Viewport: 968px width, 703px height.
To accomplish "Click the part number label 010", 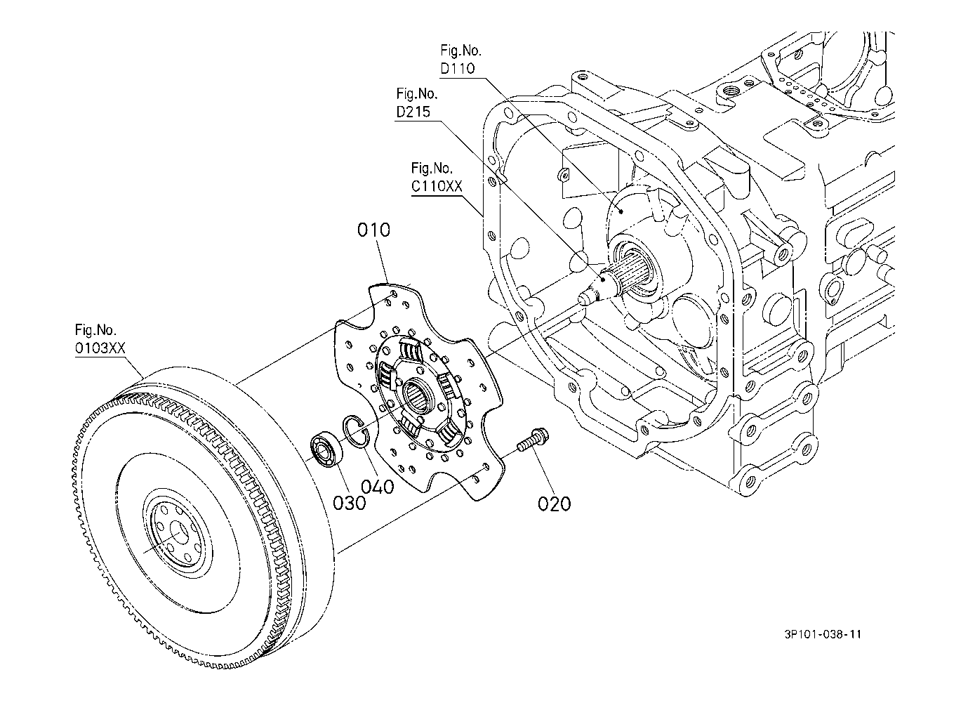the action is (x=373, y=230).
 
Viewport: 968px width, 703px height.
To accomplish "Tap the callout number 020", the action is (x=554, y=504).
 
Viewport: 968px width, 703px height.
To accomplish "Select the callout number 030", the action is (x=349, y=503).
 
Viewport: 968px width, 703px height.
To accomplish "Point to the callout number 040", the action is (x=378, y=487).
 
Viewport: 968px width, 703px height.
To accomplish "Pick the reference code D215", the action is (x=413, y=112).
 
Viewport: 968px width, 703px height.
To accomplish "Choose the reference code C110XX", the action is (x=437, y=186).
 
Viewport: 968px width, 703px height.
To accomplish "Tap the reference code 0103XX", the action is (x=100, y=348).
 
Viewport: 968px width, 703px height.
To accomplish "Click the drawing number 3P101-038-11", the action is (x=823, y=634).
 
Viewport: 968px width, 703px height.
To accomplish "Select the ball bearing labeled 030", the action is (x=326, y=449).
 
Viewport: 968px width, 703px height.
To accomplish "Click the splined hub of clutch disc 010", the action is (x=417, y=394).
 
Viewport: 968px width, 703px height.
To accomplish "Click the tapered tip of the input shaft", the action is (x=584, y=298).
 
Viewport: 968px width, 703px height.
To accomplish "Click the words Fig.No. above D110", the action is (x=460, y=51).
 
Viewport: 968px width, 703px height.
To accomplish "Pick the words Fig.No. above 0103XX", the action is (x=95, y=330).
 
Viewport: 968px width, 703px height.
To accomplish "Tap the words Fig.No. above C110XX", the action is (x=432, y=168).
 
